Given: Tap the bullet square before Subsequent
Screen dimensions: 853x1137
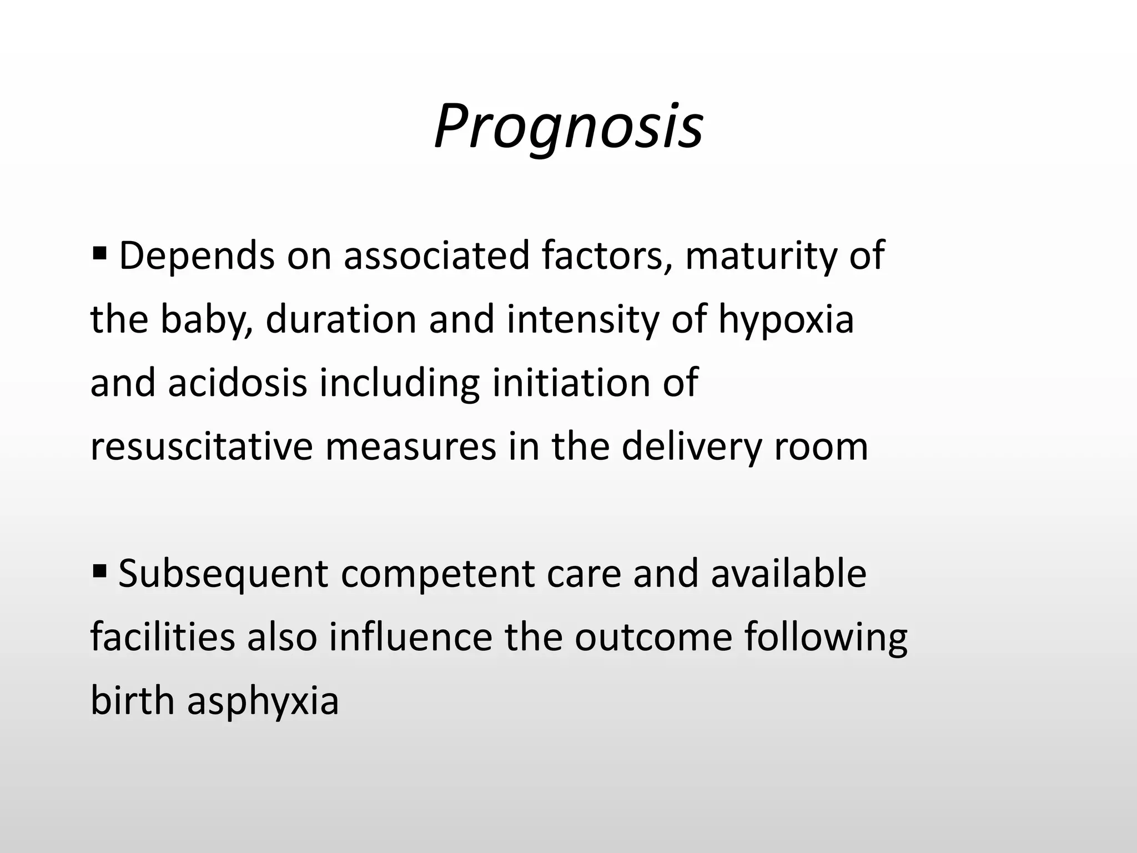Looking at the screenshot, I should pos(100,571).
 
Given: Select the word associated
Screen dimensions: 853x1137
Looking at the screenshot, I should pos(436,256).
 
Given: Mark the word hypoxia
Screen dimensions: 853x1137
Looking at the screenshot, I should pos(786,320).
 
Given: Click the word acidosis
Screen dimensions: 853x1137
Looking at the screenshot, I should pos(238,383).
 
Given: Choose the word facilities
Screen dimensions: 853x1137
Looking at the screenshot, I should pos(163,637).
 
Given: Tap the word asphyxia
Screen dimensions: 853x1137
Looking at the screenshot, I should pos(263,701).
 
